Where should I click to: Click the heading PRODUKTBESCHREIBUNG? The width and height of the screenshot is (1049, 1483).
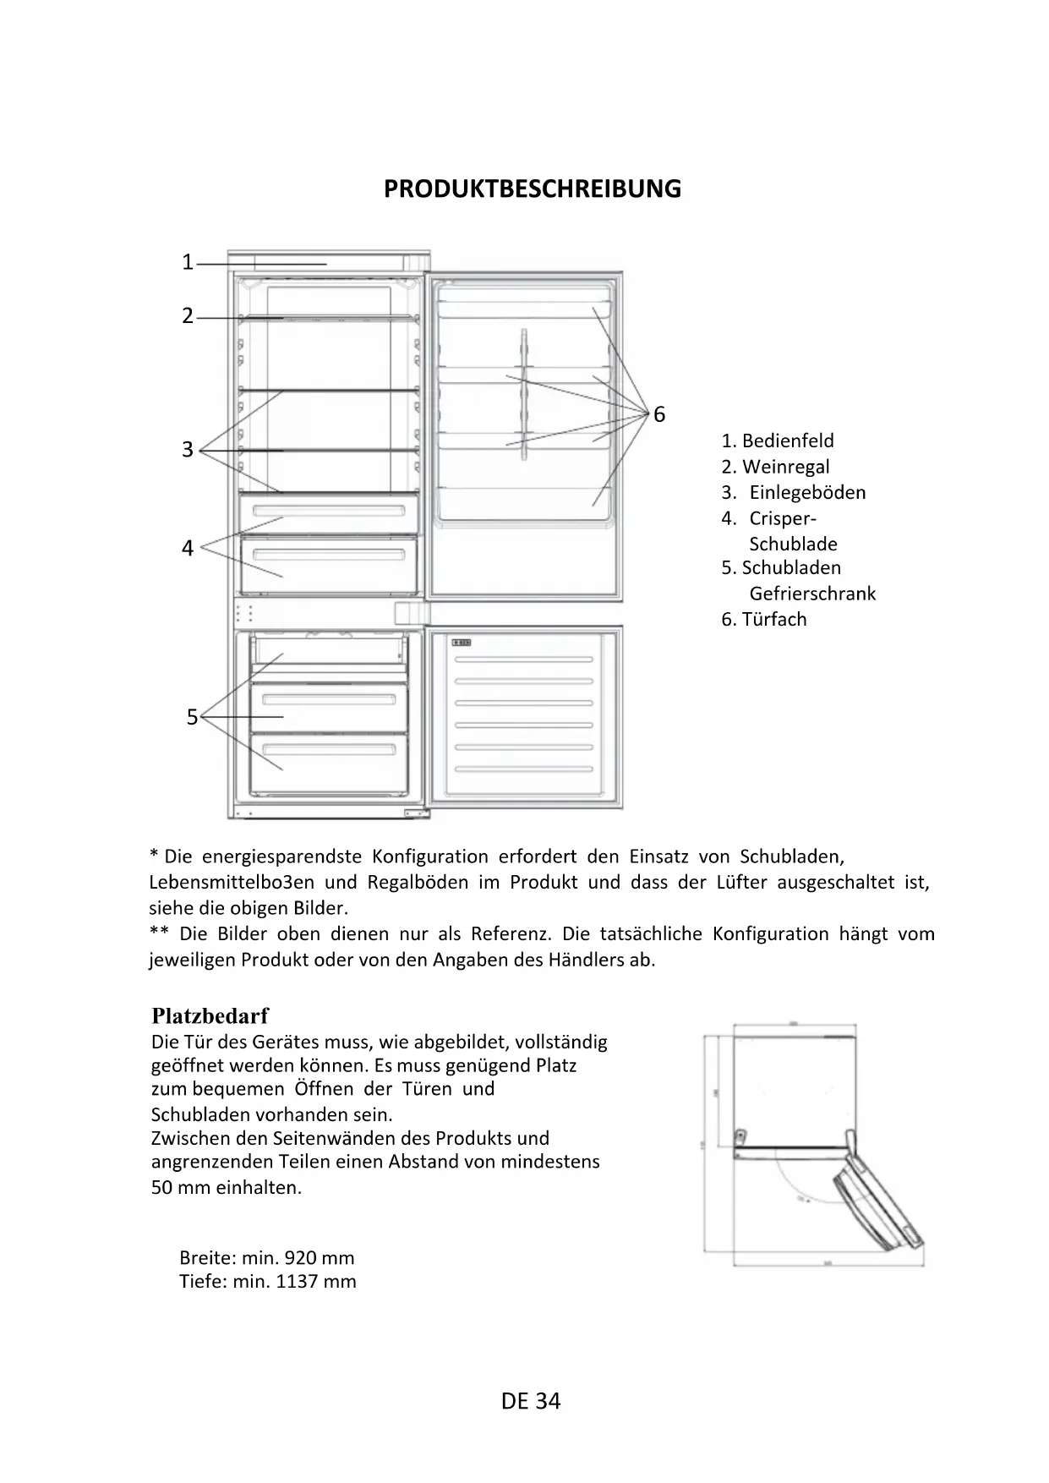532,189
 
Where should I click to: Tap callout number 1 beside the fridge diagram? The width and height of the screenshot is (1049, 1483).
188,263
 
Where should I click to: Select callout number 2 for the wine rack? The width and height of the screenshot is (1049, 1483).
188,316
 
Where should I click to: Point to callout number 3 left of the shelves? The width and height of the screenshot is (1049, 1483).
188,450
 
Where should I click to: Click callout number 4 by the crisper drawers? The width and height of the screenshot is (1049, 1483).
188,549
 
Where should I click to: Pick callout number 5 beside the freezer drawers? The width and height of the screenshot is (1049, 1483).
192,718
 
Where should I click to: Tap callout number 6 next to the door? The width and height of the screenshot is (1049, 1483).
659,414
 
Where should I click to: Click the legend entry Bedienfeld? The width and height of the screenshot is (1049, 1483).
787,441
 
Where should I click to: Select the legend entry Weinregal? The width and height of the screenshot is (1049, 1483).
785,467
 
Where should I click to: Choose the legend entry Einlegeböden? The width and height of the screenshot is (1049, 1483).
807,492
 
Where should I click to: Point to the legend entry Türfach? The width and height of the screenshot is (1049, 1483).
773,619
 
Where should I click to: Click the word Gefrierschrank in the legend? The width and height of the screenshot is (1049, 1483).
812,594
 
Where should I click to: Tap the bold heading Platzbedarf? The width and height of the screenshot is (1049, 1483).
210,1015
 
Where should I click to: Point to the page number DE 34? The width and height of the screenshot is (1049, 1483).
530,1401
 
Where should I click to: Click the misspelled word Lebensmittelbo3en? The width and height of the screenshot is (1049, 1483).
232,883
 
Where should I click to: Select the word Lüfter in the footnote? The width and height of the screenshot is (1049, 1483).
740,883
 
